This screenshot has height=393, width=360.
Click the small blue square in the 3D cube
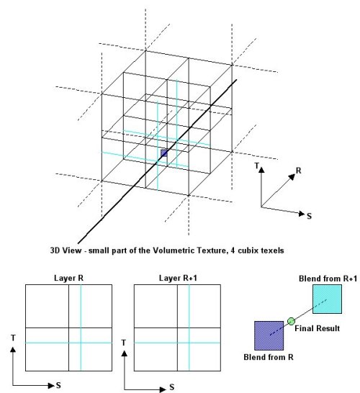tap(164, 153)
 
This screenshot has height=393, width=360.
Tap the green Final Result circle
tap(291, 321)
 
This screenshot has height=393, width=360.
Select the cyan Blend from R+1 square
tap(327, 299)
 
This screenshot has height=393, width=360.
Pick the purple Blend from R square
tap(269, 335)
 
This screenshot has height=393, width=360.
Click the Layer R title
tap(68, 278)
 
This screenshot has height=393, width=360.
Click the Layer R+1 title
tap(178, 278)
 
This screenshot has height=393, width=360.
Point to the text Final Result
tap(317, 328)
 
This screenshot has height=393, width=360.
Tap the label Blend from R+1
tap(328, 279)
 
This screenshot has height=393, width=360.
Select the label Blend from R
tap(269, 357)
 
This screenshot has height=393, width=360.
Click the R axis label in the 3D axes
tap(298, 171)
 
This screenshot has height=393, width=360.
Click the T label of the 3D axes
tap(256, 166)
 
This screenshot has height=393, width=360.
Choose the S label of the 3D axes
tap(309, 216)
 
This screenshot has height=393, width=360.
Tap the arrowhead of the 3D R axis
tap(292, 176)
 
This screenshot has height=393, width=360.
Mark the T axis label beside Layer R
tap(13, 338)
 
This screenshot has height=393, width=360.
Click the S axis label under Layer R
tap(58, 385)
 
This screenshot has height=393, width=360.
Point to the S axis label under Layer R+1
tap(172, 387)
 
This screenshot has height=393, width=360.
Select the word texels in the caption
tap(273, 250)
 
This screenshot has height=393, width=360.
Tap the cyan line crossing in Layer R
tap(81, 343)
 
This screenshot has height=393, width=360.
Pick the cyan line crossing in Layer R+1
tap(189, 343)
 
